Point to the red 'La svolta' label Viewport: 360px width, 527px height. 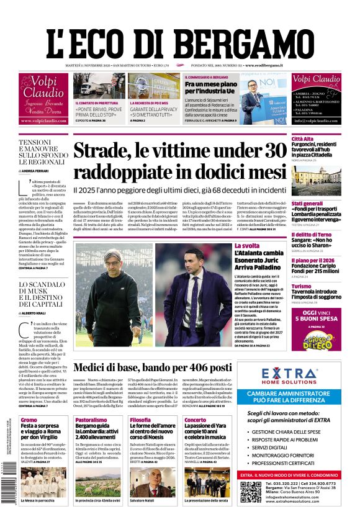(x=246, y=246)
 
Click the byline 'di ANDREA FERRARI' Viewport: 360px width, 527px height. (x=36, y=170)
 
